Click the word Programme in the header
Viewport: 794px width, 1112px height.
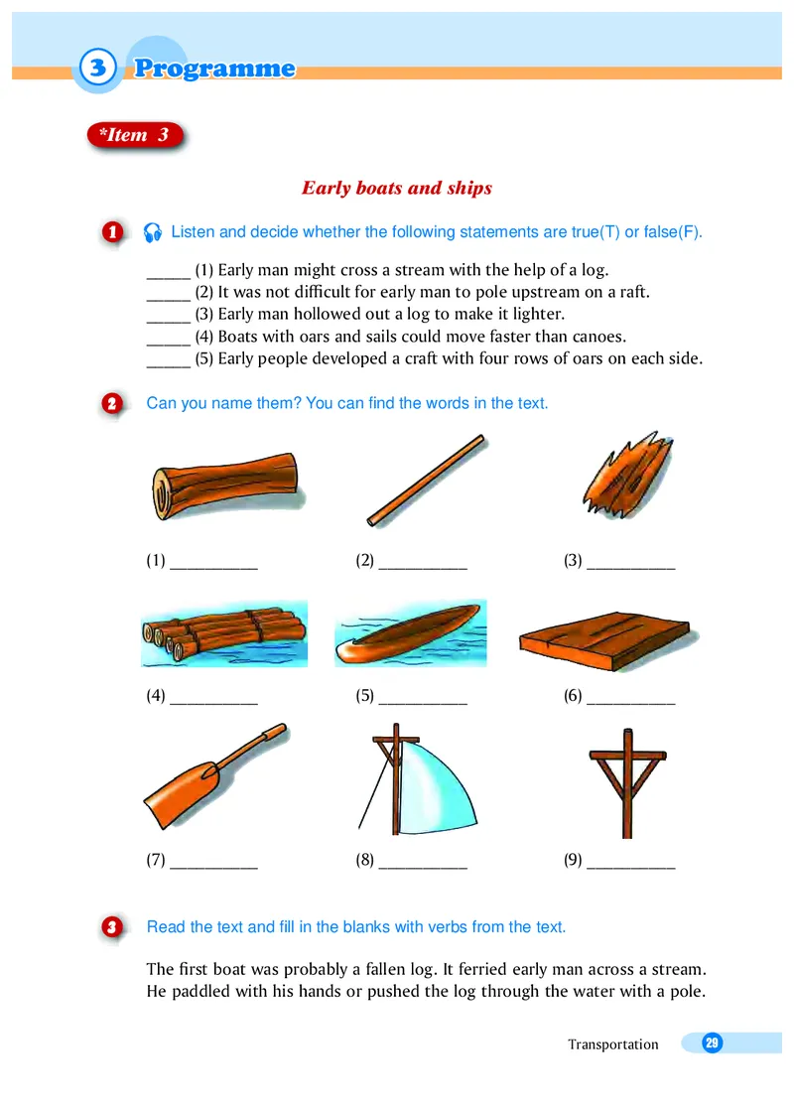[214, 69]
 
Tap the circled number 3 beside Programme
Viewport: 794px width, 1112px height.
[97, 69]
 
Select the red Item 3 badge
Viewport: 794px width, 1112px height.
[135, 135]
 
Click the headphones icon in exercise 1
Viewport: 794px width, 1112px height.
[153, 232]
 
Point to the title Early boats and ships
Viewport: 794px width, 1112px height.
[397, 188]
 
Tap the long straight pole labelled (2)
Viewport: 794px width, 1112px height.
[426, 481]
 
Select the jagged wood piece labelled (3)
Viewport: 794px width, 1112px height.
[627, 475]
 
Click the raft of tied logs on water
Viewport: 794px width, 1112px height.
[224, 633]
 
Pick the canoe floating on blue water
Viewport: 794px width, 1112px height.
[411, 633]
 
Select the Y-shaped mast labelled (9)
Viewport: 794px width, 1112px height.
[627, 782]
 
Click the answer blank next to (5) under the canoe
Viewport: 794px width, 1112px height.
[423, 702]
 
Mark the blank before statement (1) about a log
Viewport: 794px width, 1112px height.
[169, 277]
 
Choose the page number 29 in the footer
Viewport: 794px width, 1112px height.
[712, 1042]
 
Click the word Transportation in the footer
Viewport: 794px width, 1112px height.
[613, 1043]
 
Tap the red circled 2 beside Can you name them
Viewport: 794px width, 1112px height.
[112, 404]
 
